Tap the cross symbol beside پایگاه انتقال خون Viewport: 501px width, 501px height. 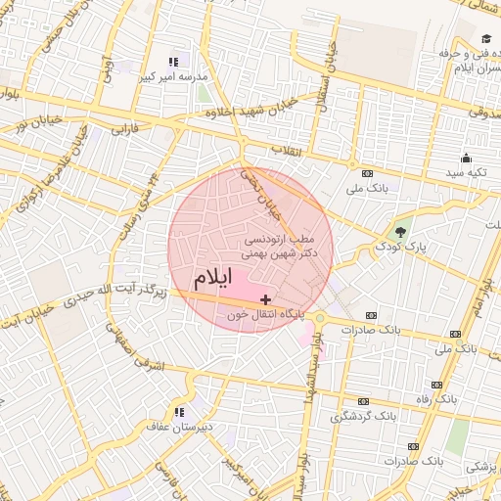click(266, 298)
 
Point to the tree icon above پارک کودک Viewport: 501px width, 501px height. click(400, 232)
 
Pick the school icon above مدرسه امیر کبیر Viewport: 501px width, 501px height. click(173, 62)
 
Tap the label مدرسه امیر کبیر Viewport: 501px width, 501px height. click(173, 76)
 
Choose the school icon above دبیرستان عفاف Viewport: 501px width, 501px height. click(178, 412)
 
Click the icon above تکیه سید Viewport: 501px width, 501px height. click(466, 159)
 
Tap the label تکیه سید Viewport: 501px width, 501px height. click(466, 172)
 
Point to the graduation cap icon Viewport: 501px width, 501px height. click(484, 38)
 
